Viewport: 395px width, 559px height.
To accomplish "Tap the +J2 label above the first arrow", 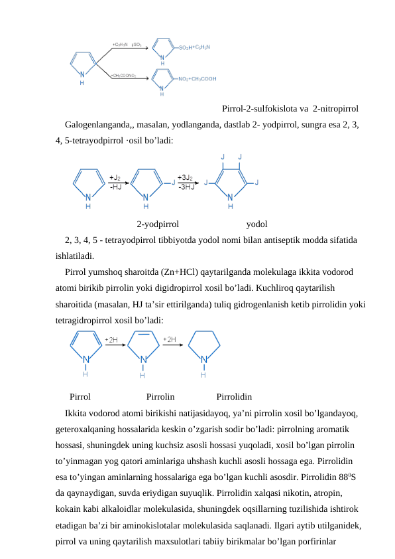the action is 115,178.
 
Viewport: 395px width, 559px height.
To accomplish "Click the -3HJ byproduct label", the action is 186,187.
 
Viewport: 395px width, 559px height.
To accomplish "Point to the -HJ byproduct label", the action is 115,187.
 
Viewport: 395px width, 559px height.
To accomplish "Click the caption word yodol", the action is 256,224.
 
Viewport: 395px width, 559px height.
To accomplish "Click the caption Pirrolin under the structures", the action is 160,397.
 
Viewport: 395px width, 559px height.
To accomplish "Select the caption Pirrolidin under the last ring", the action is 234,397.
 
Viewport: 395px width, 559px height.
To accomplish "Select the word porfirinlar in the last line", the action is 315,542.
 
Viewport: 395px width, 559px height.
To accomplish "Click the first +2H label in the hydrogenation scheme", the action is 111,339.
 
